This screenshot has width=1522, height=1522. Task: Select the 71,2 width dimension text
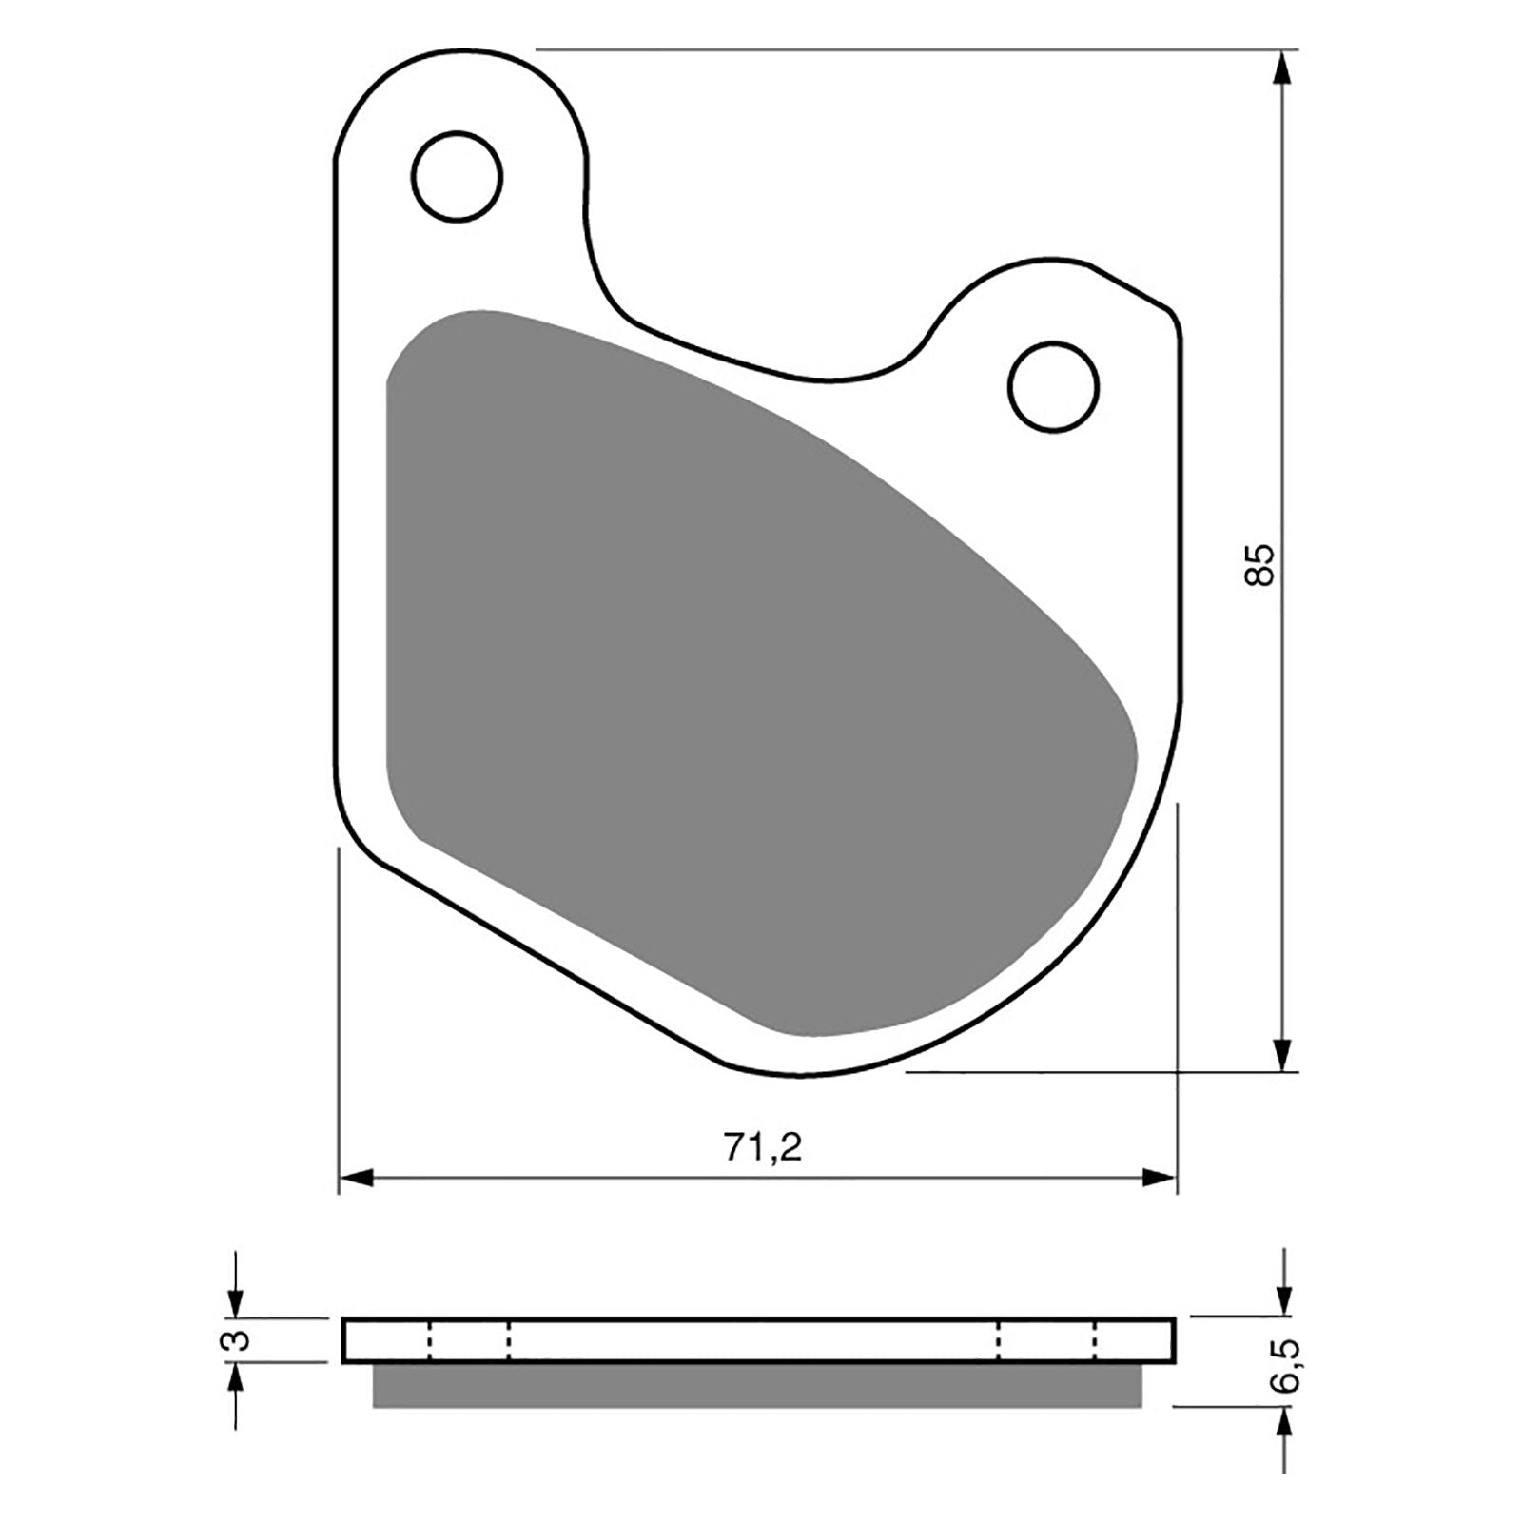point(763,1148)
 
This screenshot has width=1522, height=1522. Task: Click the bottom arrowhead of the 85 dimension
point(1283,1054)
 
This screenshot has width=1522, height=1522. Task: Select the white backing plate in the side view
point(756,1340)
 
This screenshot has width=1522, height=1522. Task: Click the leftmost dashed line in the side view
point(430,1340)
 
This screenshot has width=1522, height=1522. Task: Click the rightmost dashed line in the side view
point(1096,1340)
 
